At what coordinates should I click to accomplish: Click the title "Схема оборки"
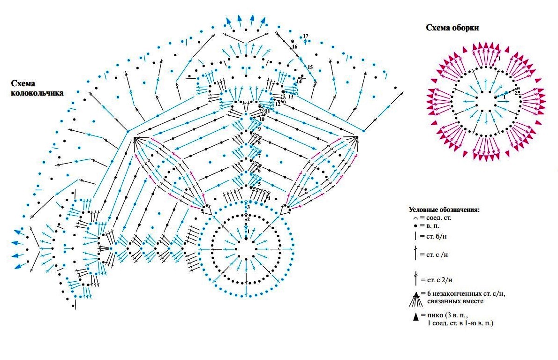tap(452, 28)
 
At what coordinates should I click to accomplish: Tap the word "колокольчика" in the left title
tap(38, 93)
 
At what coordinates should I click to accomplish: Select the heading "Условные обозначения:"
tap(444, 209)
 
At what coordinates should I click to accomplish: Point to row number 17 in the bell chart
tap(305, 36)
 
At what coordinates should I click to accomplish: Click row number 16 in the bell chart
tap(294, 47)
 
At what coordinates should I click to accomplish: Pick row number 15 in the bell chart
tap(309, 67)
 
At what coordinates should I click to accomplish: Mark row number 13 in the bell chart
tap(290, 97)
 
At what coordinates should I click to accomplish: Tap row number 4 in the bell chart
tap(268, 198)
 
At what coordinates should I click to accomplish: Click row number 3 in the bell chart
tap(248, 207)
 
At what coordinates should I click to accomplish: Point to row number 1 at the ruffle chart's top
tap(499, 59)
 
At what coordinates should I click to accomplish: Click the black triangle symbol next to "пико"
tap(415, 317)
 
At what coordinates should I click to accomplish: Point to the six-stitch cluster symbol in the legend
tap(415, 297)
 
